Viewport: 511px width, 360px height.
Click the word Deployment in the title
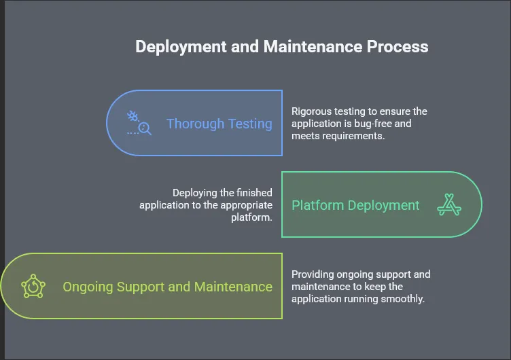[x=181, y=47]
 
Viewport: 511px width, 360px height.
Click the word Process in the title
[x=398, y=47]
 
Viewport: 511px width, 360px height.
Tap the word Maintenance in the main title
[x=313, y=47]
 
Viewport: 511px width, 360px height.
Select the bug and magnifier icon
[x=139, y=123]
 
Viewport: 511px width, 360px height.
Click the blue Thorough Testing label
[x=219, y=124]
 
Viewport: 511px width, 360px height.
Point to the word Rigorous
[x=311, y=112]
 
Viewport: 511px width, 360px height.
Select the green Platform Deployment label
[x=355, y=206]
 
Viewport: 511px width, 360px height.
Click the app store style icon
[x=449, y=204]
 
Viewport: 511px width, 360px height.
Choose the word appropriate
[x=247, y=206]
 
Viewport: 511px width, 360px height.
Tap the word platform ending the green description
[x=251, y=217]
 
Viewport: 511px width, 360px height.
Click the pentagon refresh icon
[x=33, y=286]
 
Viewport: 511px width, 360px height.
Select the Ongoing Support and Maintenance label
[x=168, y=287]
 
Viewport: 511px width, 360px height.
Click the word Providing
[x=313, y=274]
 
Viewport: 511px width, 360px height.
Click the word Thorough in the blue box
[x=196, y=124]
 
